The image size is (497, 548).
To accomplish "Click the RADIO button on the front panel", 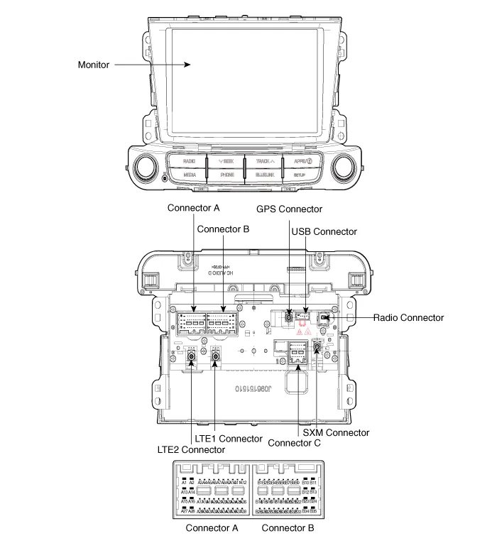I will click(189, 161).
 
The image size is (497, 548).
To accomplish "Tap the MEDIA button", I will click(189, 174).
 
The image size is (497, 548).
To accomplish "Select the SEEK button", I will click(226, 161).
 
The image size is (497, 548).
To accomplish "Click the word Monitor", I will click(94, 65).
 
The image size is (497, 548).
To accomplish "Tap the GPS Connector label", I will click(289, 209).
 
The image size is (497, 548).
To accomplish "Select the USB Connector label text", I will click(324, 231).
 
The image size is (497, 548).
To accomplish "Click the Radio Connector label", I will click(408, 317).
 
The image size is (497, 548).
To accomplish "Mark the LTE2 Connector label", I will click(191, 449).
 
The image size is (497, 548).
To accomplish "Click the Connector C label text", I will click(294, 442).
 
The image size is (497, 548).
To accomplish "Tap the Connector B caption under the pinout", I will click(288, 528).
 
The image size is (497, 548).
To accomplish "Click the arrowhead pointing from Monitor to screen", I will click(190, 65).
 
